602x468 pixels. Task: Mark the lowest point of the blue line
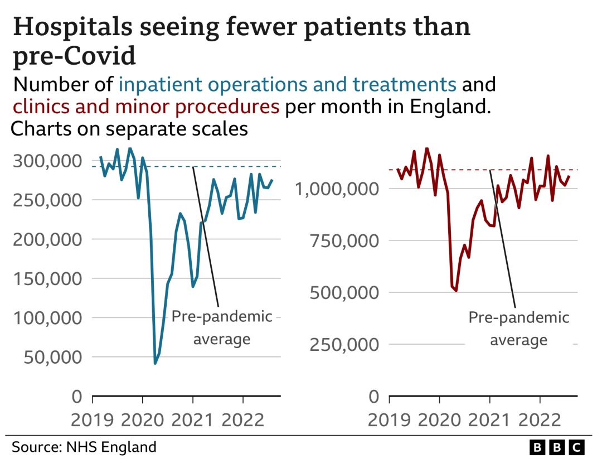pos(155,364)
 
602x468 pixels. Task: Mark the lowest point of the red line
pos(456,291)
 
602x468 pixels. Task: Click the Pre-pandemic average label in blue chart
pos(222,327)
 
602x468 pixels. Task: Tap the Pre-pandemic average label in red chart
pos(518,329)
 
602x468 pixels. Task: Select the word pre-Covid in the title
pos(74,56)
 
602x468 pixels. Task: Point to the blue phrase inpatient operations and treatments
pos(288,84)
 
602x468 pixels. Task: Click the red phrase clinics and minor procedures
pos(146,106)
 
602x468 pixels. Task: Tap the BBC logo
pos(556,447)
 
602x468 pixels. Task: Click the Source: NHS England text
pos(84,447)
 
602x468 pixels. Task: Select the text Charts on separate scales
pos(129,129)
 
